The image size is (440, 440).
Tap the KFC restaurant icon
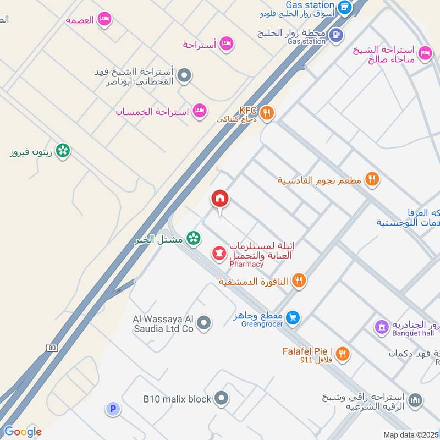(267, 113)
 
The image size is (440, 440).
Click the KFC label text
(248, 110)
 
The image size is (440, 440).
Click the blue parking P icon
(113, 409)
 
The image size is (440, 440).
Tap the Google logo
(22, 431)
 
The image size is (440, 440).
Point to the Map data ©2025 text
(411, 435)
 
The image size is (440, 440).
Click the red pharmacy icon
(219, 253)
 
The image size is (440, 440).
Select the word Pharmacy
(246, 264)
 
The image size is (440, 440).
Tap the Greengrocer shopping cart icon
(293, 317)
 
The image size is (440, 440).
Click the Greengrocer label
(262, 324)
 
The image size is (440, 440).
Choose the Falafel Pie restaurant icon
(342, 354)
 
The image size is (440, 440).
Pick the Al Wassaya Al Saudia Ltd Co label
(163, 323)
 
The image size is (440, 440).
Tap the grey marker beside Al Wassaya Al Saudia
(204, 323)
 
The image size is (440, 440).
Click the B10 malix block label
(177, 399)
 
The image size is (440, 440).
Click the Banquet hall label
(413, 333)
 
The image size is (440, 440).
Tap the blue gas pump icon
(335, 34)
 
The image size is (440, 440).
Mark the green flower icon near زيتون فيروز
(63, 150)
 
